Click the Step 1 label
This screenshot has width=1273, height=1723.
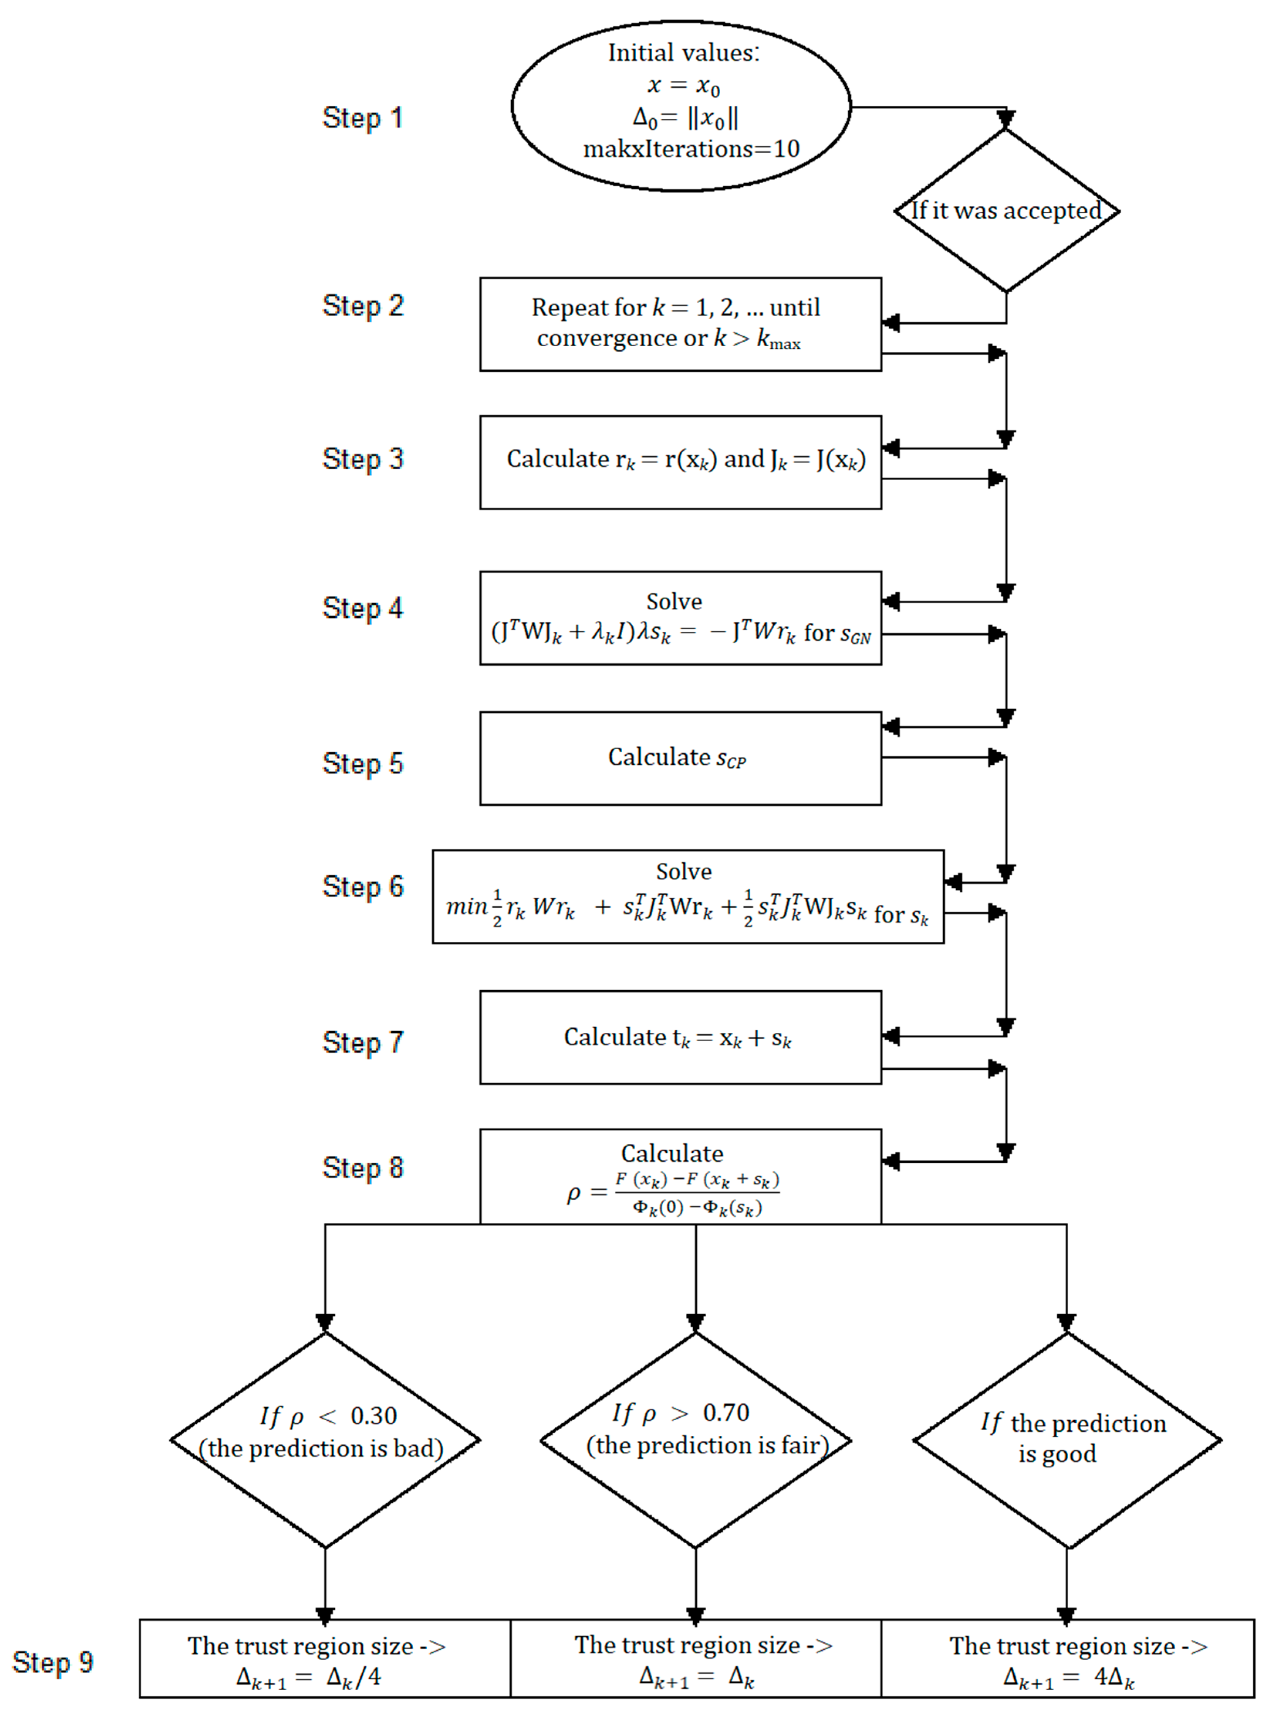[x=362, y=118]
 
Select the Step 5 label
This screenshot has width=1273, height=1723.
[x=362, y=763]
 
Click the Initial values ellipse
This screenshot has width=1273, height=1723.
[x=681, y=106]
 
